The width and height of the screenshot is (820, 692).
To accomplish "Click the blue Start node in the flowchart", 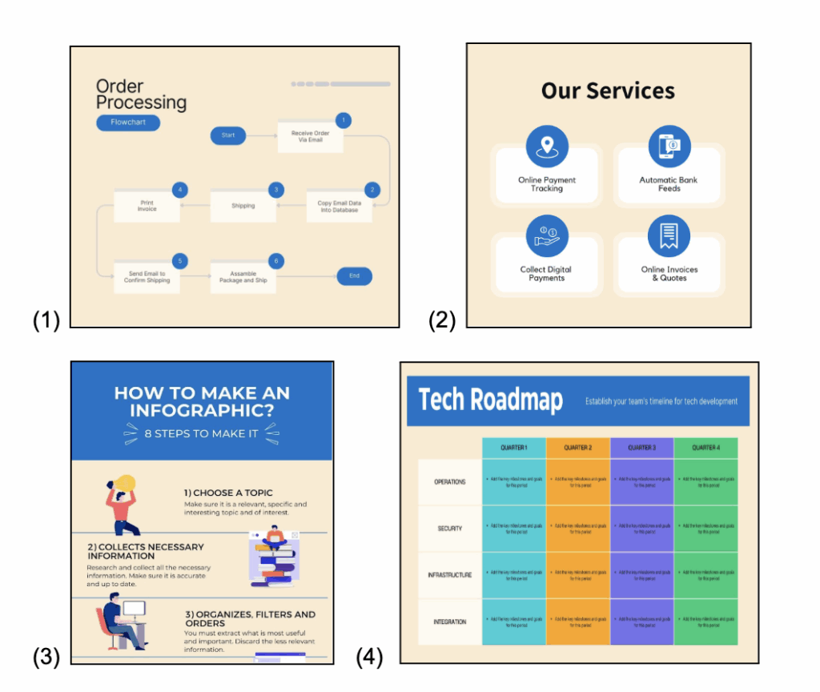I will coord(228,135).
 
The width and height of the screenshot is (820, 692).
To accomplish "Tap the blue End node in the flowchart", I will coord(354,276).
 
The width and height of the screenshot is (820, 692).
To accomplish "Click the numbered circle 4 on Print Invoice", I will coord(180,190).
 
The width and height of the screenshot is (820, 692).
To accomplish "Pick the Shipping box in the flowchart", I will coord(243,206).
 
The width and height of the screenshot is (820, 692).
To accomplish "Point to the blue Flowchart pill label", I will coord(128,123).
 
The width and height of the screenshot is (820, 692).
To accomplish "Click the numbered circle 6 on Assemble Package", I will coord(276,261).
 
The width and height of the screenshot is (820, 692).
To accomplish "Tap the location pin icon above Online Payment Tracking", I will coord(547,147).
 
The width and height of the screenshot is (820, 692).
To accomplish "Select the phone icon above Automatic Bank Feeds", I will coord(669,147).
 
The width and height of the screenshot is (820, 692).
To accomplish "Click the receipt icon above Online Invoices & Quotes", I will coord(669,236).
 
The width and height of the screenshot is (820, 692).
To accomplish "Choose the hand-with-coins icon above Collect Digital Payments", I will coord(547,236).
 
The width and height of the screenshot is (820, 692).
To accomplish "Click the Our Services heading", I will coord(608,91).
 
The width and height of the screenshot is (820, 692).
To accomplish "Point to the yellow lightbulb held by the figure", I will coord(126,483).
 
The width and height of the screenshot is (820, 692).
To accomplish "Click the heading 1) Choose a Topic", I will coord(228,493).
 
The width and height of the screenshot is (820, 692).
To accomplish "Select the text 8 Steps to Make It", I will coord(201,433).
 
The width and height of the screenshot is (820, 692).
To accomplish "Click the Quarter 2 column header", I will coord(577,448).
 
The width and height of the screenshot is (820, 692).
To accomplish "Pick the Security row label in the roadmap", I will coord(449,529).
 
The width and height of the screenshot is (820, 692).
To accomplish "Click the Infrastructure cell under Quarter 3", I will coord(641,575).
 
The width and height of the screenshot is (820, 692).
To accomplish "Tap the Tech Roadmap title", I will coord(491,400).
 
